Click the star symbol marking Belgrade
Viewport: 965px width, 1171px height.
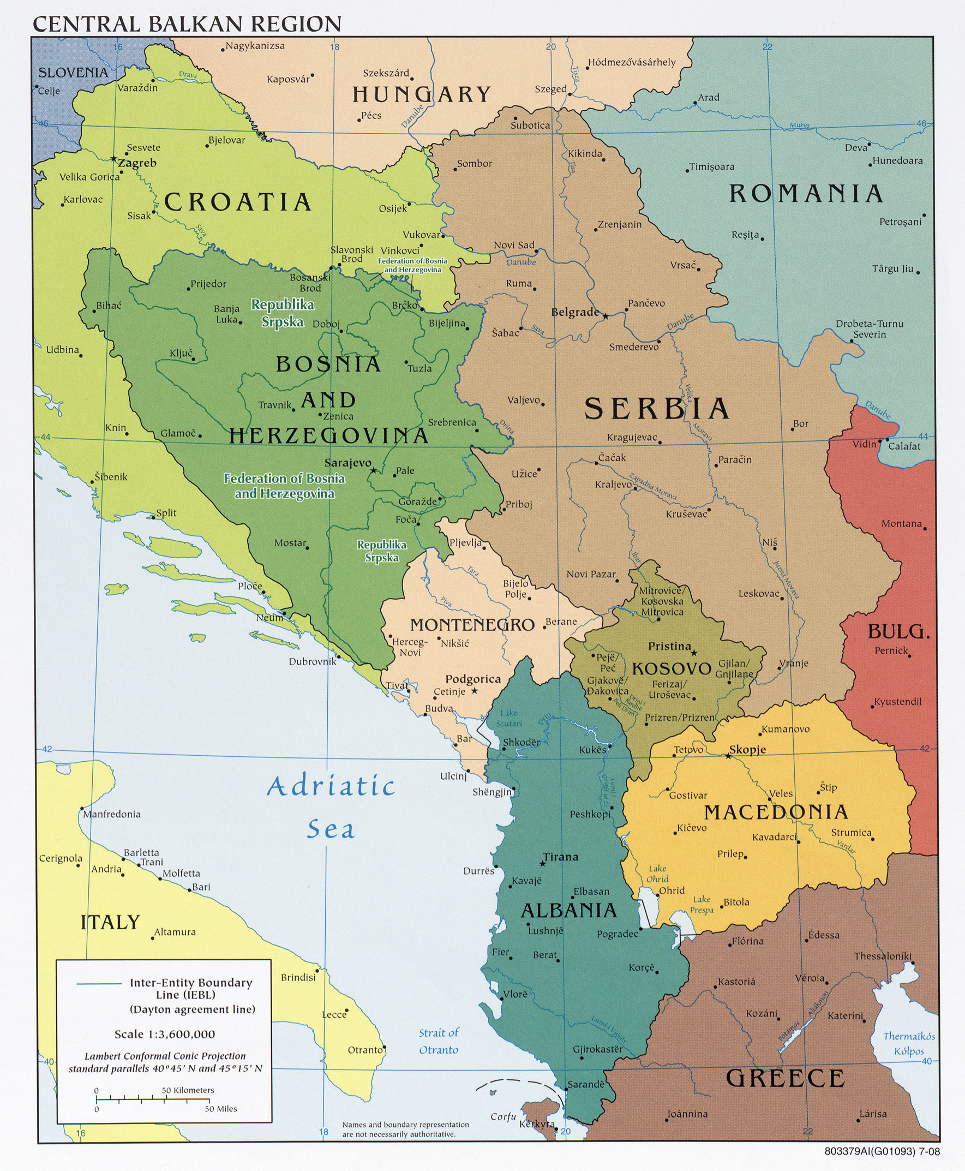pos(606,316)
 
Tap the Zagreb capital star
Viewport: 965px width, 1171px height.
pos(114,159)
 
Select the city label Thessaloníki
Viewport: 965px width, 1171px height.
pos(883,956)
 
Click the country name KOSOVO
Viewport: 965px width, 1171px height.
pos(672,668)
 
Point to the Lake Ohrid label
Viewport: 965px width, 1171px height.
pos(657,874)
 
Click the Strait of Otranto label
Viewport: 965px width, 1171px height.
pos(439,1041)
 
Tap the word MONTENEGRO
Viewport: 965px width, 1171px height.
pos(472,624)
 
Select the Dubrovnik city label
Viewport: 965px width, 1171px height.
pos(313,662)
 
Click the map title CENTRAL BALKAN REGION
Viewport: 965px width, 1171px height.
pos(187,24)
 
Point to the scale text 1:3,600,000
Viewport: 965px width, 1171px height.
pos(165,1034)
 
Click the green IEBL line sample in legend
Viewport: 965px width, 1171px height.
pos(99,983)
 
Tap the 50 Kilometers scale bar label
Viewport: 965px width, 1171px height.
pos(188,1090)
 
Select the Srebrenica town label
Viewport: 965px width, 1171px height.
pos(452,422)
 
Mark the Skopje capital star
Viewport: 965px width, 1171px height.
pos(728,756)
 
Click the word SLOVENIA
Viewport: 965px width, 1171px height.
pos(73,72)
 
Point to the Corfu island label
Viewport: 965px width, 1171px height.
pos(503,1116)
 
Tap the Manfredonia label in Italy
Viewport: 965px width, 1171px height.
pos(112,814)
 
